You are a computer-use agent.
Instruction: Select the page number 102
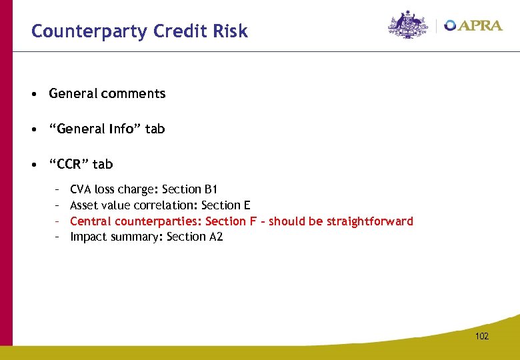(x=481, y=336)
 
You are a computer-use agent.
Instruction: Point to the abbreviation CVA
(x=81, y=189)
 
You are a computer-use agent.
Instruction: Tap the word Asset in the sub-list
(x=84, y=205)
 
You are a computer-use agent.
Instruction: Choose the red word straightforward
(x=370, y=221)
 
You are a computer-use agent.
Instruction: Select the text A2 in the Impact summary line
(x=215, y=237)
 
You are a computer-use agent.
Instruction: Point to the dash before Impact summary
(x=58, y=237)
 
